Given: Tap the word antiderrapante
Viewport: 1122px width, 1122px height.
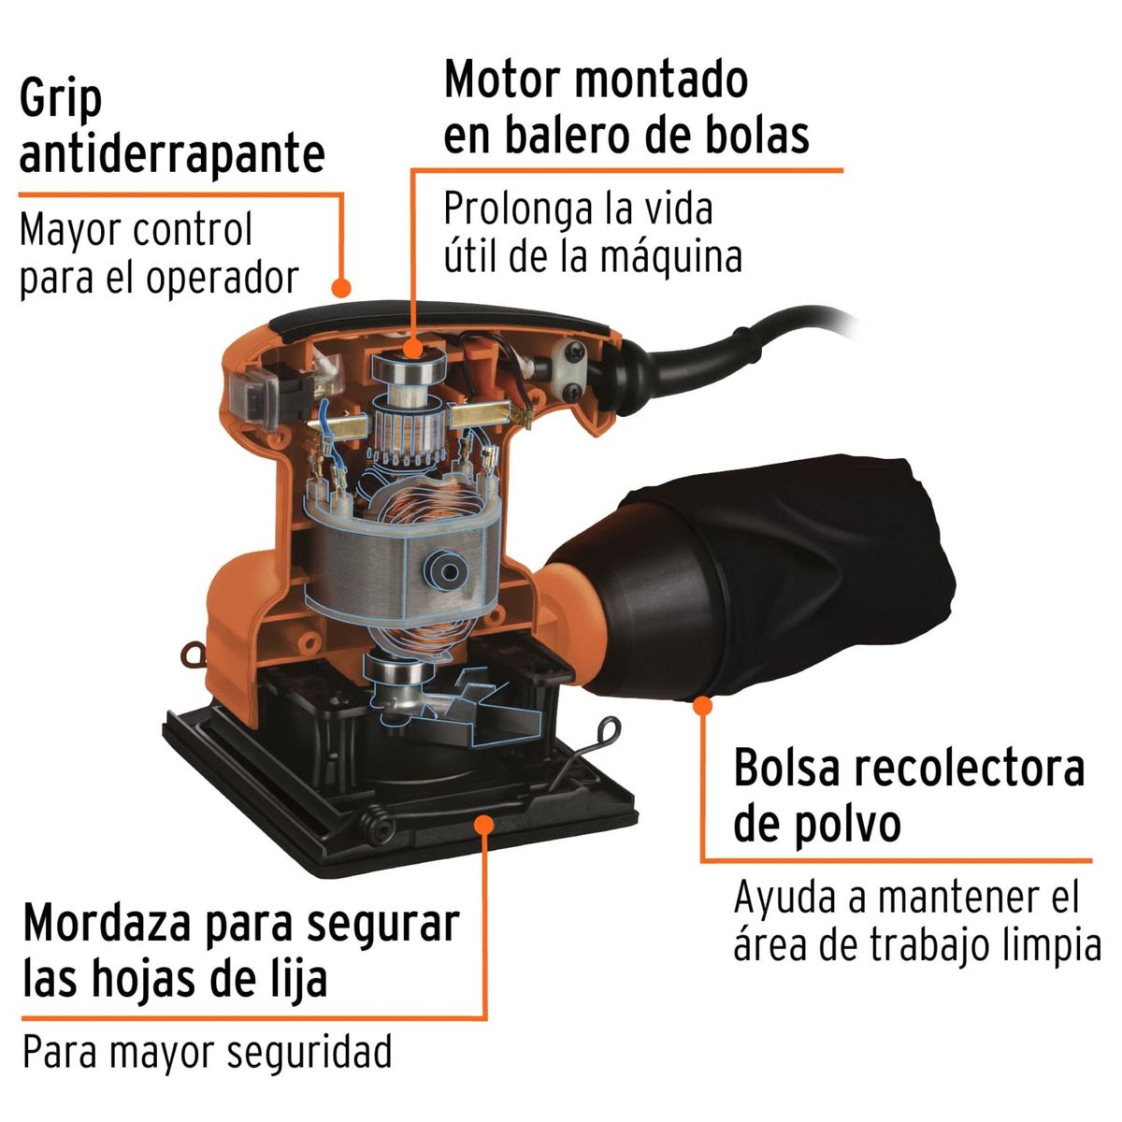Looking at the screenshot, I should click(172, 154).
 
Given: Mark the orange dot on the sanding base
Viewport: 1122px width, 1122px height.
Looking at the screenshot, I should click(484, 822).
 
